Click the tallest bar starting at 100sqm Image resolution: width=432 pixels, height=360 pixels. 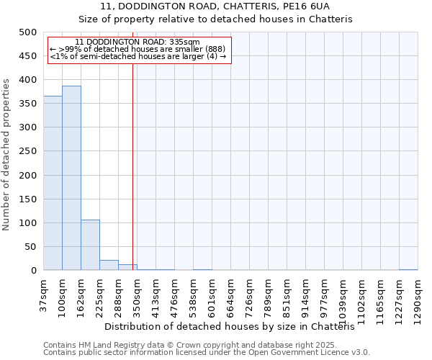(x=71, y=178)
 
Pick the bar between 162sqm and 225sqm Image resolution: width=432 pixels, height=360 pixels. (x=90, y=245)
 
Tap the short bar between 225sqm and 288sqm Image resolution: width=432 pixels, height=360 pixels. (x=109, y=265)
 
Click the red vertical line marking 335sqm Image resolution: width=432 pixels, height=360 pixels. (x=133, y=166)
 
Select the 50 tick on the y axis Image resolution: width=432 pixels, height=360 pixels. (x=30, y=247)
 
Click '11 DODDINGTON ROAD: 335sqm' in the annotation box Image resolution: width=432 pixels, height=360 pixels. (x=138, y=42)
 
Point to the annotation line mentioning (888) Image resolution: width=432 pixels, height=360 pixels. (x=138, y=49)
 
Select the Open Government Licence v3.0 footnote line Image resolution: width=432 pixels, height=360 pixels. (x=207, y=352)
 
